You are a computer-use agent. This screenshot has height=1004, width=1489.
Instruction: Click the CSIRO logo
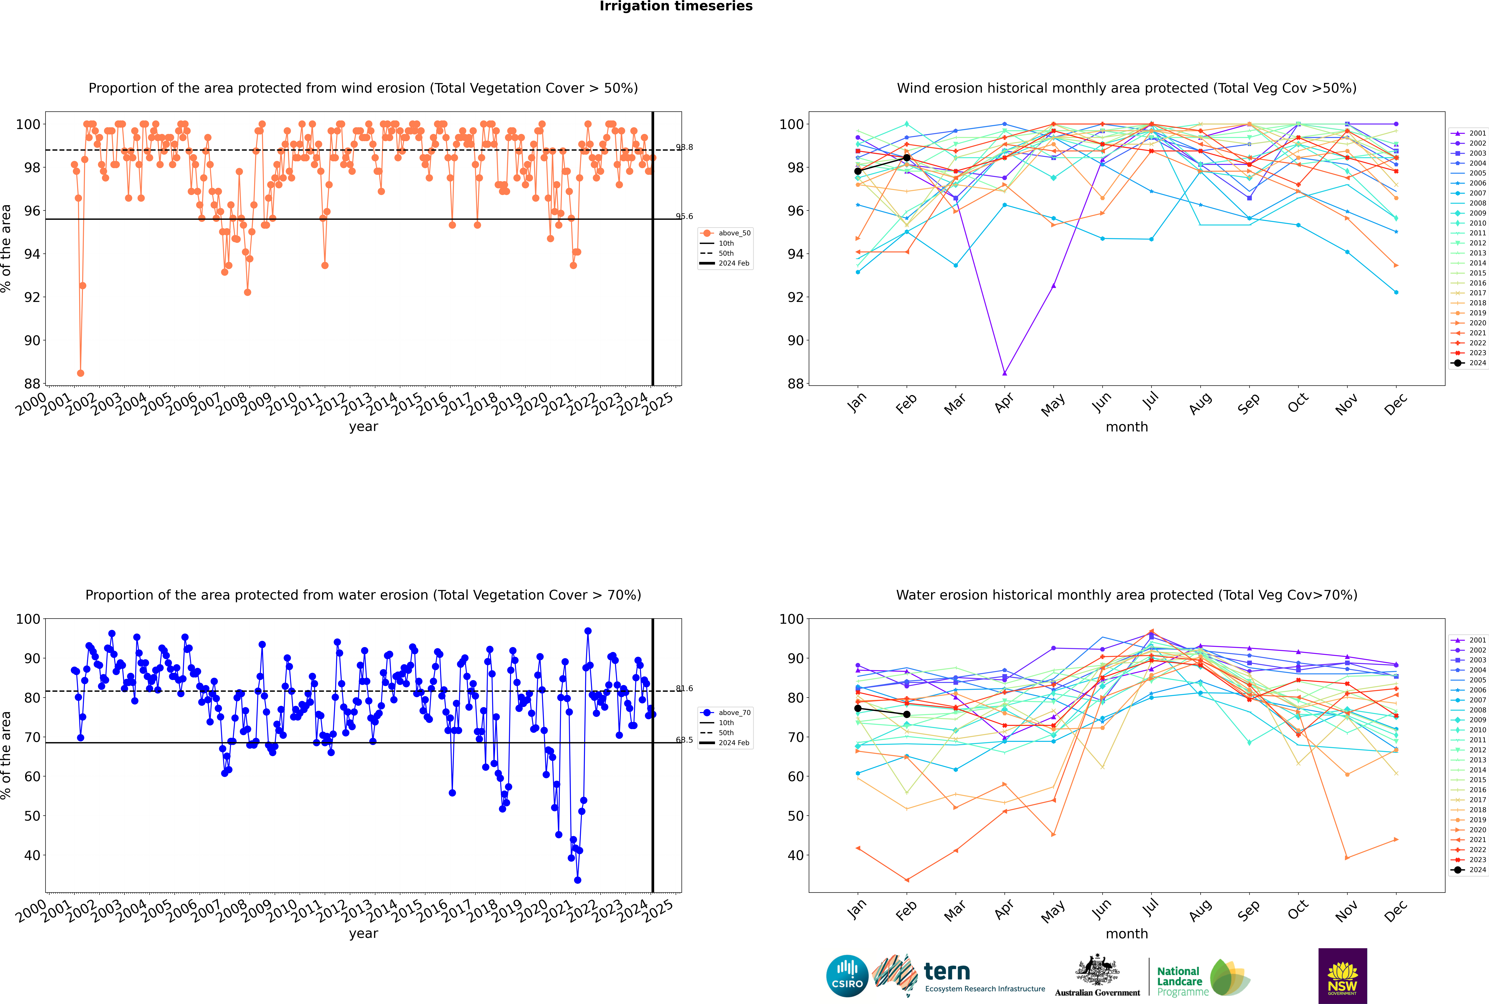[x=847, y=976]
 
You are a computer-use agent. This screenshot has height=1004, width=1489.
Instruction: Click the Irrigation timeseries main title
[x=676, y=6]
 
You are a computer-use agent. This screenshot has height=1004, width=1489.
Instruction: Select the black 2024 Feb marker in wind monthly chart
[x=906, y=157]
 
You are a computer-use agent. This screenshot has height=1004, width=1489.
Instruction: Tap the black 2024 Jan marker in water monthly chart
[x=858, y=708]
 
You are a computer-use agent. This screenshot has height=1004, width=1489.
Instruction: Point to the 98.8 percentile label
[x=684, y=147]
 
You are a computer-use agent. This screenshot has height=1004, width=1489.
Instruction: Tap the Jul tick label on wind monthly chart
[x=1150, y=401]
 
